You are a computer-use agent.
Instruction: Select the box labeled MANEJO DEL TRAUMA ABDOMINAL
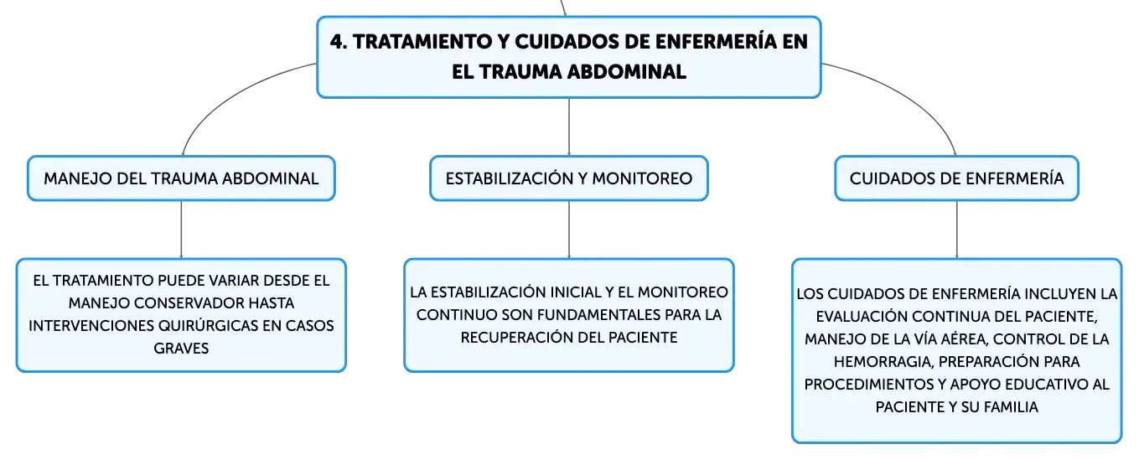[181, 178]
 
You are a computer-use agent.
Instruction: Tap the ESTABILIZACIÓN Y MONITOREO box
[569, 178]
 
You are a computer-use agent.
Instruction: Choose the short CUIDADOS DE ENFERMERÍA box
[956, 178]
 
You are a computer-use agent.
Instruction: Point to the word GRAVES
[181, 349]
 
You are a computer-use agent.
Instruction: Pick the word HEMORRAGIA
[883, 361]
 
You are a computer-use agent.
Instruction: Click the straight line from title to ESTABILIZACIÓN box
[569, 127]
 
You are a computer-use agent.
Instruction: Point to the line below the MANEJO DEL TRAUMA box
[181, 230]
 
